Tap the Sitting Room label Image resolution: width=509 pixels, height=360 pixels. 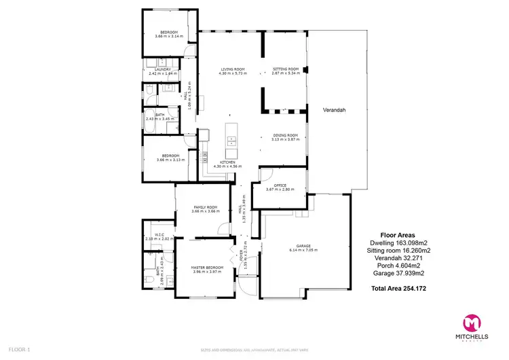pos(284,69)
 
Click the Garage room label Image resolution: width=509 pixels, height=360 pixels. pos(303,246)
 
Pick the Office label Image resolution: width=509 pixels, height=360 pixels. pos(280,185)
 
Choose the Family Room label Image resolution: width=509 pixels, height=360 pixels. pos(204,206)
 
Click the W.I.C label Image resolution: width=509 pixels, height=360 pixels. pos(159,235)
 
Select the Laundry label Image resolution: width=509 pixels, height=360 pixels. pos(162,69)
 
